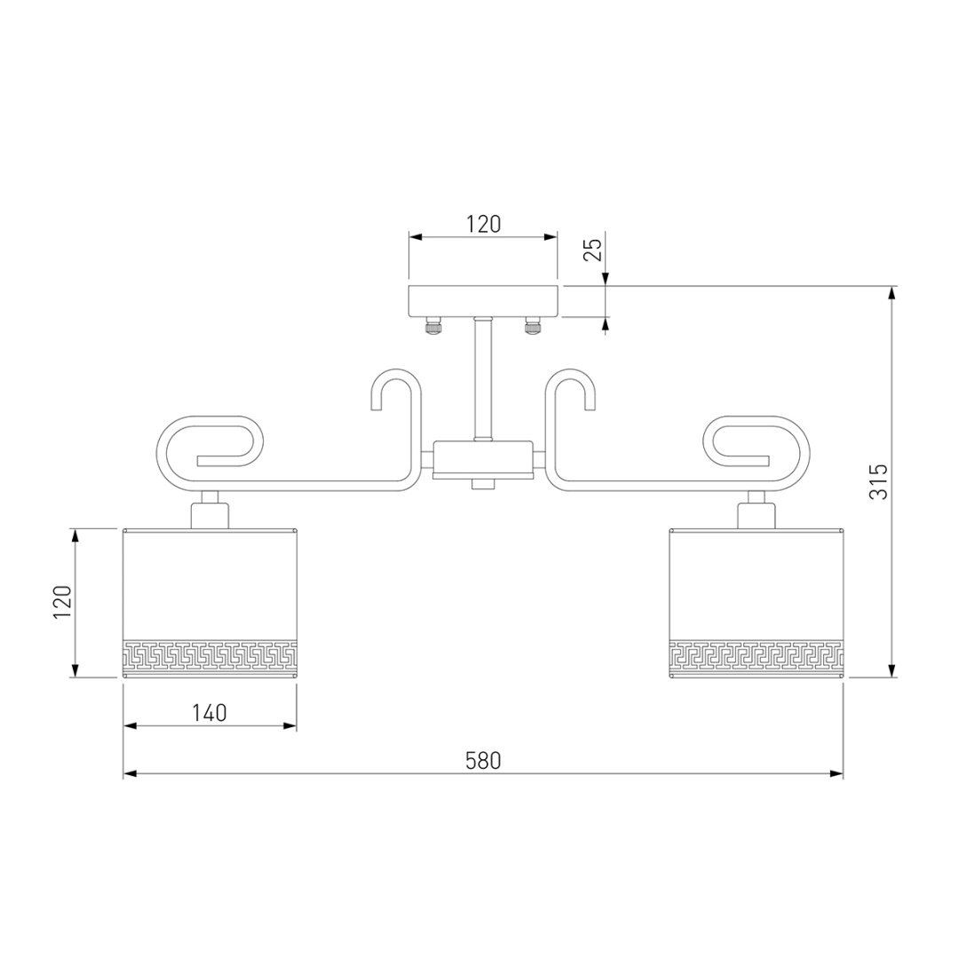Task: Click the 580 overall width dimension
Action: (483, 760)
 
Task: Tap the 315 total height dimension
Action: (879, 481)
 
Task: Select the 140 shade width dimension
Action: (210, 712)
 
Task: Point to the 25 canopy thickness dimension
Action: (592, 250)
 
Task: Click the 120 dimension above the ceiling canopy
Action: (484, 225)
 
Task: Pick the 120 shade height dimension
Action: (62, 602)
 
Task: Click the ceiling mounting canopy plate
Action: (483, 301)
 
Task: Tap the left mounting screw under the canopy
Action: (433, 325)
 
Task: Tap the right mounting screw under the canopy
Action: (534, 325)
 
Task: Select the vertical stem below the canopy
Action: (483, 378)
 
